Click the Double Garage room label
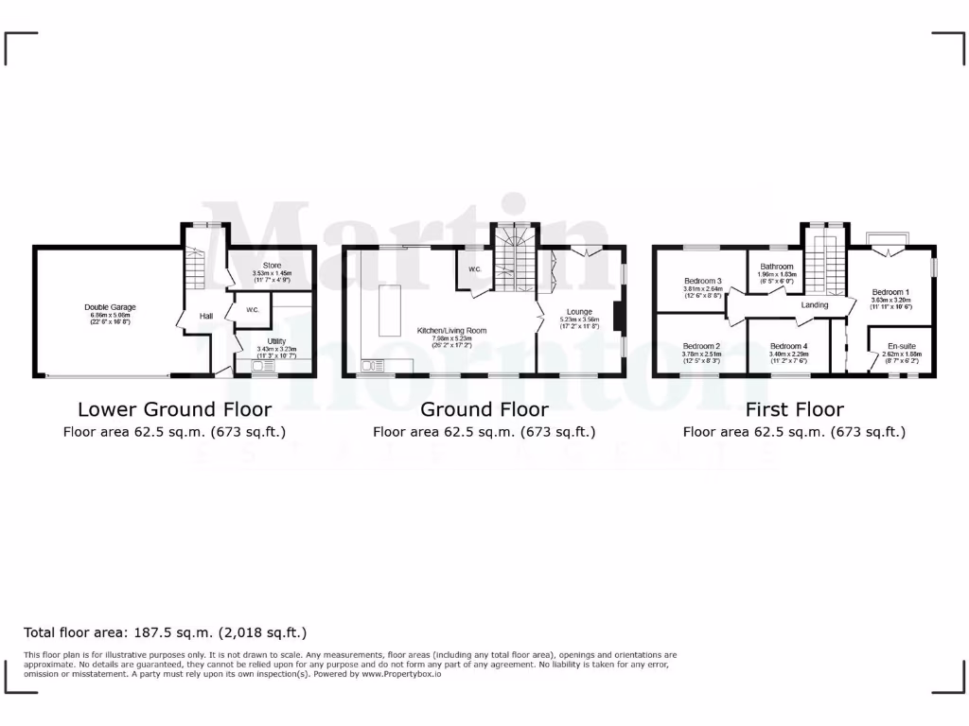click(111, 307)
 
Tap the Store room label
click(272, 266)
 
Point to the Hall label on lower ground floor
click(205, 317)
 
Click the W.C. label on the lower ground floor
click(253, 310)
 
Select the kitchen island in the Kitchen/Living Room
click(390, 308)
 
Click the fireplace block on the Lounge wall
click(618, 317)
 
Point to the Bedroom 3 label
click(703, 281)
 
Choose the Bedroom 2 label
click(701, 346)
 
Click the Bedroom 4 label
click(788, 346)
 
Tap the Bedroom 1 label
click(890, 292)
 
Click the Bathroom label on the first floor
click(776, 267)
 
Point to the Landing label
click(815, 305)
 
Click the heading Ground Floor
click(484, 409)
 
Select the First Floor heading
click(794, 409)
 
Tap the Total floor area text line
click(165, 632)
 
